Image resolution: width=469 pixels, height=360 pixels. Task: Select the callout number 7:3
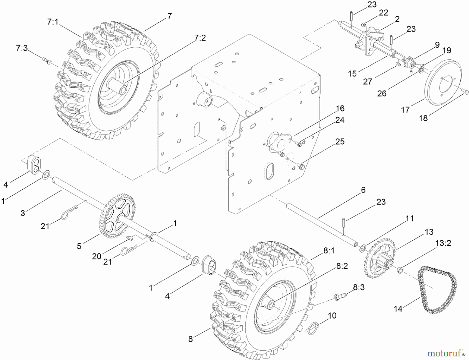[22, 48]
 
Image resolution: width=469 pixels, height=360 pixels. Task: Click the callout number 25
[340, 141]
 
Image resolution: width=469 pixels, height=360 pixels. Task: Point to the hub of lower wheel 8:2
[271, 303]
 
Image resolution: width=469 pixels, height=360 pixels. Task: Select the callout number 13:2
[443, 243]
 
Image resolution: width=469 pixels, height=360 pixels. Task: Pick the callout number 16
[340, 108]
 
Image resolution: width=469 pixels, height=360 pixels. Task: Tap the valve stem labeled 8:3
[340, 296]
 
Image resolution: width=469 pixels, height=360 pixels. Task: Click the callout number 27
[367, 82]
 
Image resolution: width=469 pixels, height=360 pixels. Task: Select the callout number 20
[96, 256]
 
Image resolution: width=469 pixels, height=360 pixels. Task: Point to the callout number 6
[363, 190]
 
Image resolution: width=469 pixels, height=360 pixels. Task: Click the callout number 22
[383, 13]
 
